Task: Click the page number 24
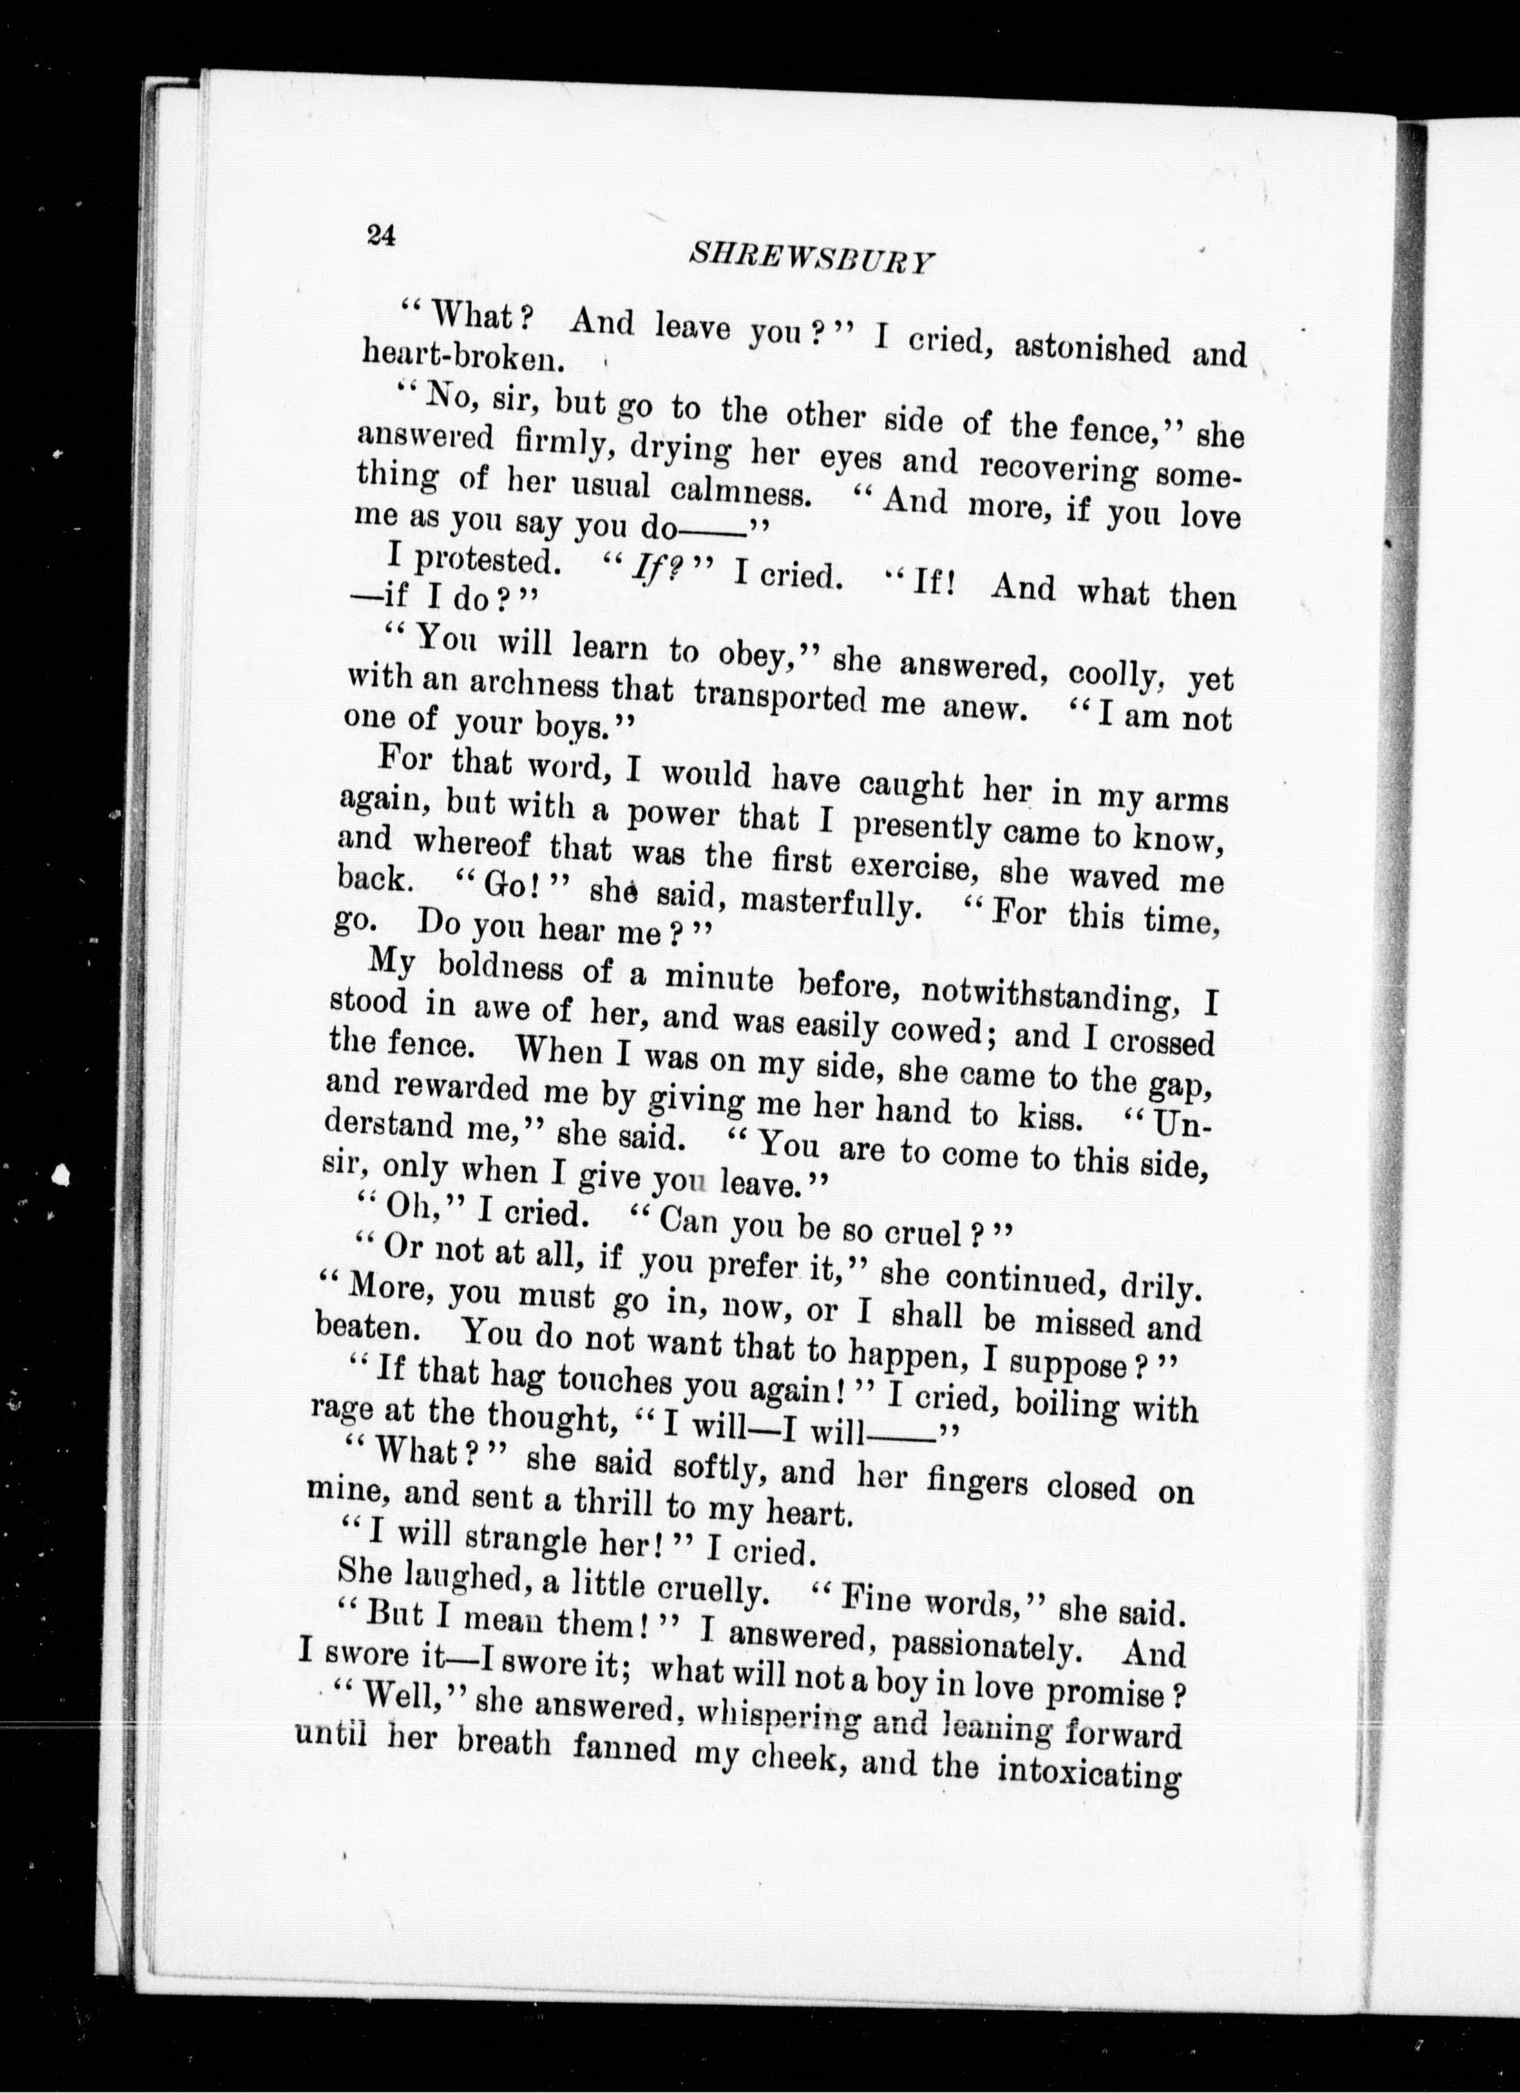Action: click(x=381, y=236)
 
